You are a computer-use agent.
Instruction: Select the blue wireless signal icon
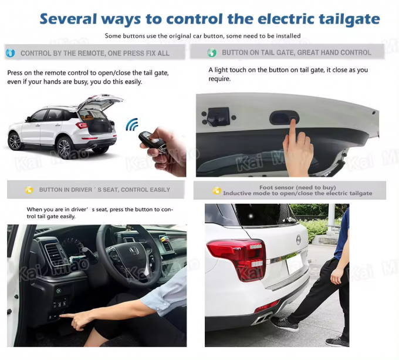(132, 125)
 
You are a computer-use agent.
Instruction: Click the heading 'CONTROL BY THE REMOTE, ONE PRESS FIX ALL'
(95, 53)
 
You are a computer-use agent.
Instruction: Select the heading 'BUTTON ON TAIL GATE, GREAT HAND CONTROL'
(296, 53)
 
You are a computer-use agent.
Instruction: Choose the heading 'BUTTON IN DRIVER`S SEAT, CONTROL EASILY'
(104, 190)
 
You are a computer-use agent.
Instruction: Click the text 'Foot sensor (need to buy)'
(290, 187)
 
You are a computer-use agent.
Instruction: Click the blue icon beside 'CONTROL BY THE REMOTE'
(10, 53)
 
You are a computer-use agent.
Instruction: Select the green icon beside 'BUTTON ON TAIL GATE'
(212, 53)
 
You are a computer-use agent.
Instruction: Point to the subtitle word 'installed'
(285, 36)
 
